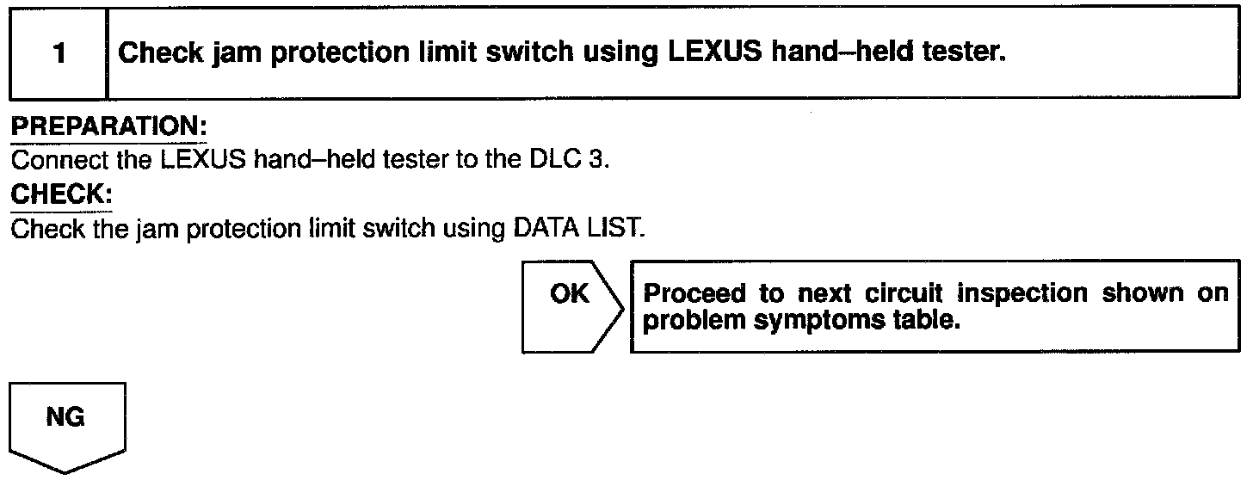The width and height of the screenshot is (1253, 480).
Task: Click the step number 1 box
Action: pos(58,53)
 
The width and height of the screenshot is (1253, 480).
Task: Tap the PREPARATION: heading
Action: pos(108,126)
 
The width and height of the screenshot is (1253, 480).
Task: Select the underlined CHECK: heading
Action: pos(61,194)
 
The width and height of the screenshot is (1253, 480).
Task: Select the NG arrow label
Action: pos(65,418)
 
